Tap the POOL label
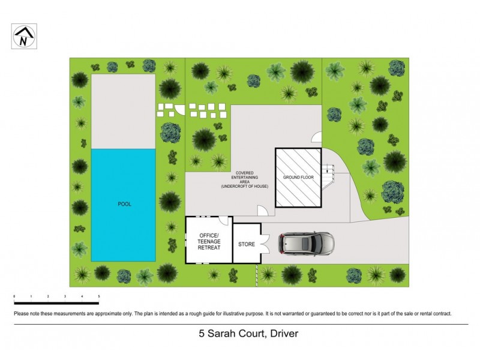coord(124,204)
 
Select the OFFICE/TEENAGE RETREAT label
coord(209,240)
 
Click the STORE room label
coord(247,245)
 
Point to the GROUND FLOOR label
coord(299,177)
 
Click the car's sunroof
coord(304,243)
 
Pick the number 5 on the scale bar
coord(98,297)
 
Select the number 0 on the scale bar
coord(14,297)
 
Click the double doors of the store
coord(265,243)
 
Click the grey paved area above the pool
coord(124,111)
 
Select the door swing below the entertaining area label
coord(262,211)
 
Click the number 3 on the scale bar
coord(65,297)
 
